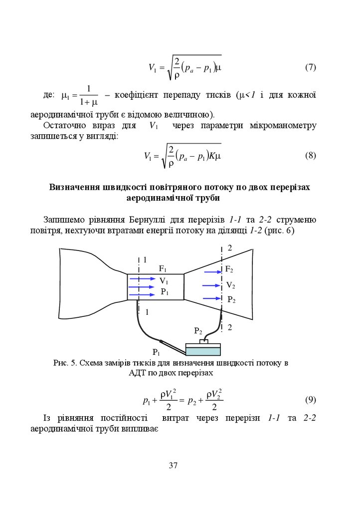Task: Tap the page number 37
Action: [173, 466]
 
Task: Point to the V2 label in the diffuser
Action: [230, 285]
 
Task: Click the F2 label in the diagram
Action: [229, 269]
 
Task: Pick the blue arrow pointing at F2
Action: [212, 272]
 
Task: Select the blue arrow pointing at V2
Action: [211, 286]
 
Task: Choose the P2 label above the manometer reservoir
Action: [198, 331]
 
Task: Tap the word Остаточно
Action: [66, 125]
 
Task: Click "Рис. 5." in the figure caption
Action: [65, 363]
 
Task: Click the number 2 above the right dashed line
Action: [230, 248]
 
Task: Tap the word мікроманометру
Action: [283, 125]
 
